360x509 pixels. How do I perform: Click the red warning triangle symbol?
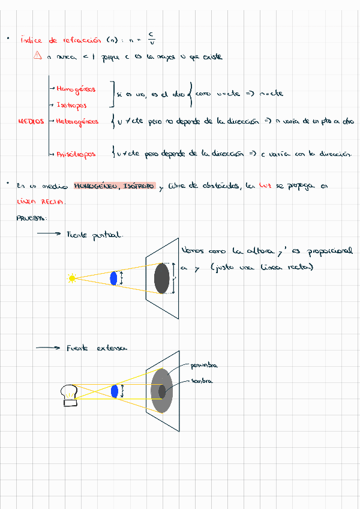tap(38, 56)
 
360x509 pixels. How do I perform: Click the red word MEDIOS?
tap(31, 121)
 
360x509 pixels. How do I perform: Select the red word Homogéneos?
tap(76, 89)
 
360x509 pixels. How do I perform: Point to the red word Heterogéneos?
tap(77, 121)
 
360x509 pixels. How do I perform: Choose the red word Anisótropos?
tap(76, 154)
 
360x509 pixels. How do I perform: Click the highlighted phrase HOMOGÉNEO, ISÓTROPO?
tap(115, 186)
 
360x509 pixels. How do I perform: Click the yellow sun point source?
tap(72, 278)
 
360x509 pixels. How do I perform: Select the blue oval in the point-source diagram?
tap(113, 278)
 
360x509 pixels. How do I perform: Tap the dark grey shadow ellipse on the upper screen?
tap(161, 278)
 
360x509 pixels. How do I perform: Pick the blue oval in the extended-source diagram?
tap(114, 391)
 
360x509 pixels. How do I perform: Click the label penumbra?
tap(203, 366)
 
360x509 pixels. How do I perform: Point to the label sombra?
tap(202, 381)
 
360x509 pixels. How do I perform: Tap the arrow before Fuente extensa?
tap(48, 348)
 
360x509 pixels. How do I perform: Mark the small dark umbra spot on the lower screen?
tap(162, 391)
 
